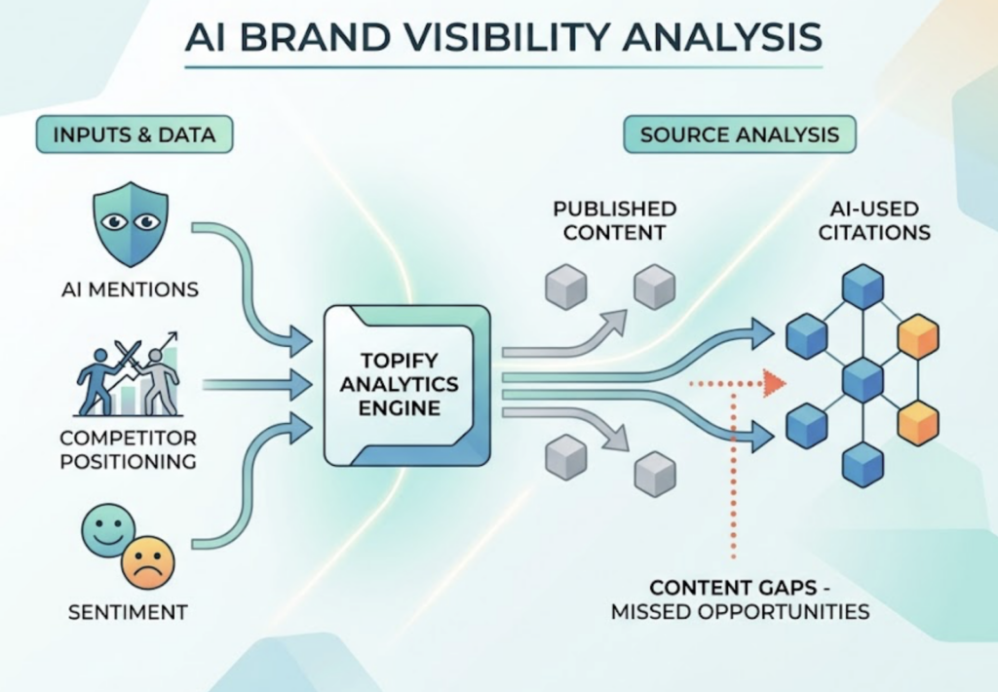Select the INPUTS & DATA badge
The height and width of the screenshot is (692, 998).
tap(134, 134)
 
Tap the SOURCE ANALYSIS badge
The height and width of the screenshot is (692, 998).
tap(739, 134)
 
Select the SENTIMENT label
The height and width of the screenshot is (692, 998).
tap(128, 613)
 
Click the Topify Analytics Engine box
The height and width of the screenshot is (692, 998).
tap(406, 384)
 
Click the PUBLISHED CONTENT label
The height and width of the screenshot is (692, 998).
tap(614, 220)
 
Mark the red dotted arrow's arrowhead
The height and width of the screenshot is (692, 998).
tap(775, 383)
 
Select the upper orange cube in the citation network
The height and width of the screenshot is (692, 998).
tap(917, 336)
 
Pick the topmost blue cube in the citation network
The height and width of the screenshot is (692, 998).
tap(863, 287)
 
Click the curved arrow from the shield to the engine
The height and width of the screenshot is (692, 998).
tap(263, 283)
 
